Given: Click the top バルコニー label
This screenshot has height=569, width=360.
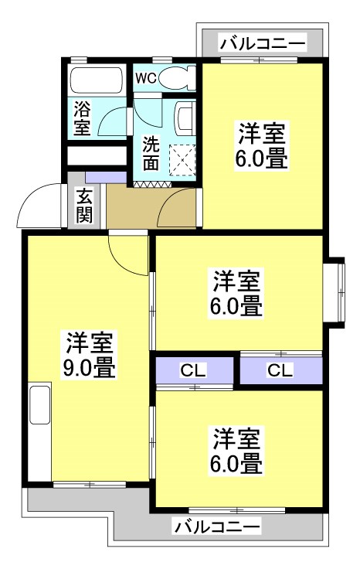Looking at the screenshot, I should (262, 43).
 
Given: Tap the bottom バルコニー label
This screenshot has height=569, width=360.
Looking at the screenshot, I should (217, 527).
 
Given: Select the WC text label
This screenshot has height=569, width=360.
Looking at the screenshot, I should (146, 78).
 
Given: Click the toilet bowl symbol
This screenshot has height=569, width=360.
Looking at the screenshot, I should (177, 78).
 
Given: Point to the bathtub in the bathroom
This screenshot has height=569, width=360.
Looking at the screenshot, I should (95, 81).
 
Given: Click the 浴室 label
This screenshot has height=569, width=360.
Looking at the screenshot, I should (83, 118).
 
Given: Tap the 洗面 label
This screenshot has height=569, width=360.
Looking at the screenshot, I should (151, 153).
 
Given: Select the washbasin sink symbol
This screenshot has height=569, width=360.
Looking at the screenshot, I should (185, 117).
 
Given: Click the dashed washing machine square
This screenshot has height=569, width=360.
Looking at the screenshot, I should (182, 160).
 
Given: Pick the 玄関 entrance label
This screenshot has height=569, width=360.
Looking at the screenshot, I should (83, 206).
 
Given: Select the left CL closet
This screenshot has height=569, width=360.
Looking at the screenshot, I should (193, 370).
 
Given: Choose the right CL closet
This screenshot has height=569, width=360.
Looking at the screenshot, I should (280, 370).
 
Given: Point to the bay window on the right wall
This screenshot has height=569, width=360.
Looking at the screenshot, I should (337, 291).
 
